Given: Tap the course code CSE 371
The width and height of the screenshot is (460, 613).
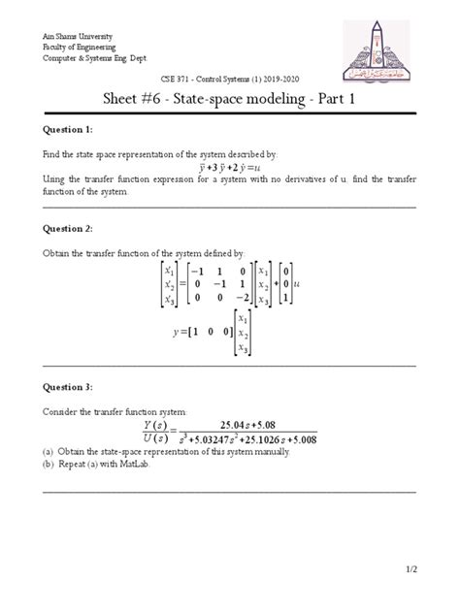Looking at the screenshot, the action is (x=171, y=78).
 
